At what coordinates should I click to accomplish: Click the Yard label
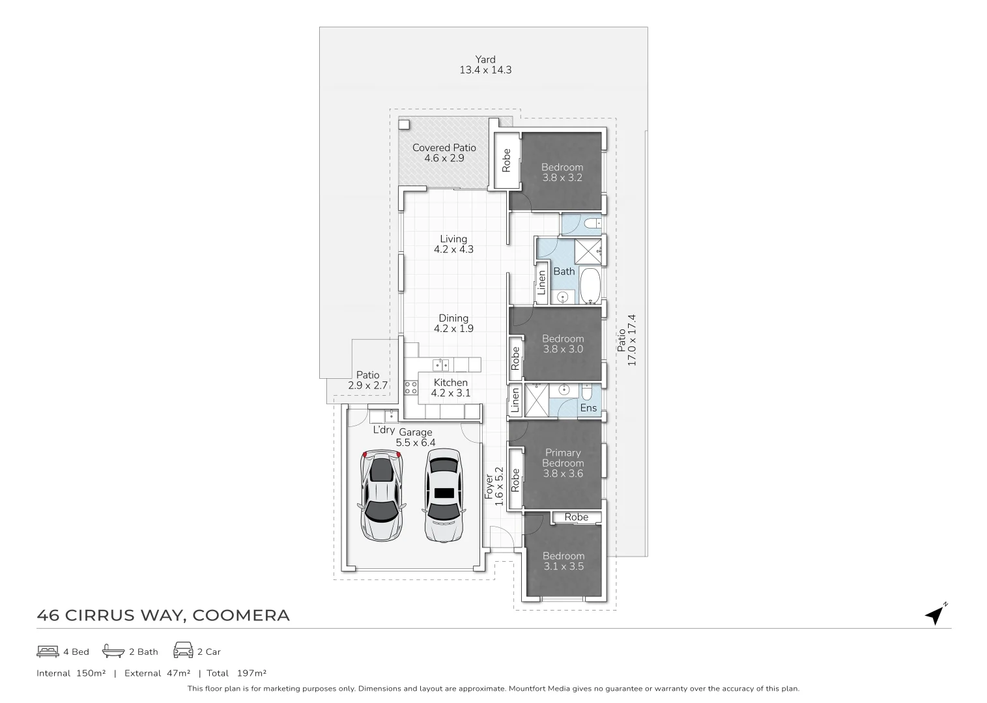tap(485, 59)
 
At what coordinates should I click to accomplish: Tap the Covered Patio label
tap(444, 148)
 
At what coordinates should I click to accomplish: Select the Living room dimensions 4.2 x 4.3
tap(453, 249)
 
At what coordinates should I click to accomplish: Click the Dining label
tap(453, 318)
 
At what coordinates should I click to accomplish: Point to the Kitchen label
tap(450, 383)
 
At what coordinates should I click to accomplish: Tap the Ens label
tap(588, 408)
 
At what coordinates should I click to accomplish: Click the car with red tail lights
tap(381, 496)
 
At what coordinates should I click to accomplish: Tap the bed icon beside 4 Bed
tap(48, 651)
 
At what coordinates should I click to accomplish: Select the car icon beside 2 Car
tap(183, 651)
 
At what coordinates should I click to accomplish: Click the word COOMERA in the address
tap(242, 615)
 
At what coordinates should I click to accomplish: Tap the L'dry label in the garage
tap(383, 430)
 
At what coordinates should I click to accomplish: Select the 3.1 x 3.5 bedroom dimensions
tap(564, 566)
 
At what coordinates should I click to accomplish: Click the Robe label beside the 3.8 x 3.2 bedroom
tap(506, 161)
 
